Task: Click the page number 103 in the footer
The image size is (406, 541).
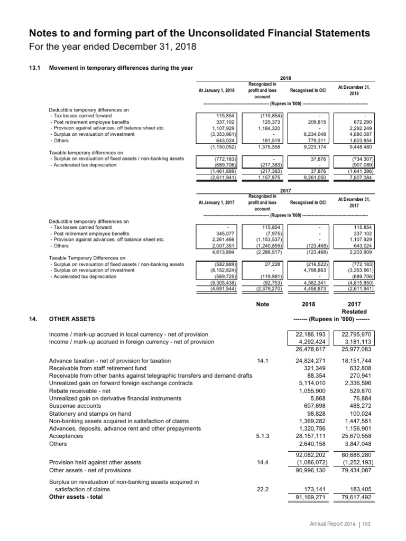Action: (380, 523)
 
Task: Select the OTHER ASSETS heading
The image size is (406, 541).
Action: (71, 319)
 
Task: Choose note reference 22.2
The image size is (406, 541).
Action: (263, 489)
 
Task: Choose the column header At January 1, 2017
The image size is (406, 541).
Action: (216, 202)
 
